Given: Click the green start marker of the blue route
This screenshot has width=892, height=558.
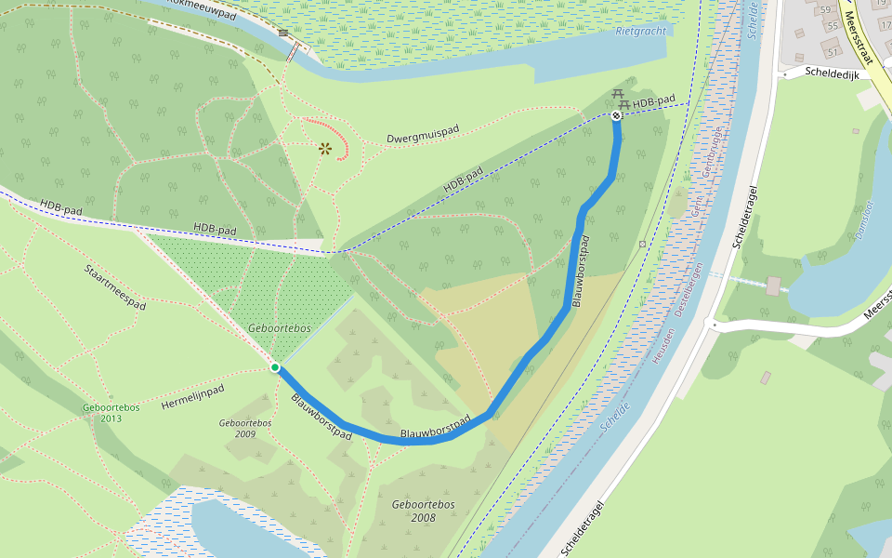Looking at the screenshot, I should click(x=275, y=368).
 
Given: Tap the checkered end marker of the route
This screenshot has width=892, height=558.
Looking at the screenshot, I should click(x=616, y=115).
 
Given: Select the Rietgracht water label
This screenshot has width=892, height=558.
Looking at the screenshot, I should click(x=642, y=31).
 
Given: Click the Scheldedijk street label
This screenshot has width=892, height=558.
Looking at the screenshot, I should click(x=831, y=72).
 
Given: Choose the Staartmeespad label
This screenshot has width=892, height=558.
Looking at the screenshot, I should click(x=115, y=286).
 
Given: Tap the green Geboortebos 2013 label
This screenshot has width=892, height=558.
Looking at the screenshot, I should click(x=110, y=413).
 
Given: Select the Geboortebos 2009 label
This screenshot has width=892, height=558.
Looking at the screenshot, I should click(x=245, y=428).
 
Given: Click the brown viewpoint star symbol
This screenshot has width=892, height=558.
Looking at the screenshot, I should click(x=325, y=148).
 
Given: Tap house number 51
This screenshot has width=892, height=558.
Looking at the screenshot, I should click(x=833, y=51).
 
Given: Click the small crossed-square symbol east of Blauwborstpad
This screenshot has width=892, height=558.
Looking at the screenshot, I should click(x=642, y=245).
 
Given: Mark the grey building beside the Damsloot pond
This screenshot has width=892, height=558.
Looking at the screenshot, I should click(x=773, y=286).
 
